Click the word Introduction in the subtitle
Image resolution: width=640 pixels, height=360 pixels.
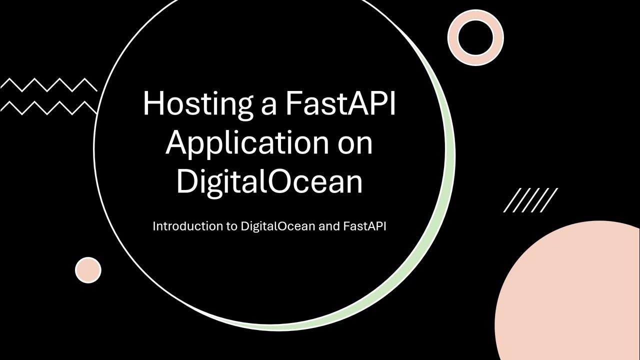(x=181, y=226)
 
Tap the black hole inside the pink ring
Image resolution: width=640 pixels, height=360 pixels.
(x=475, y=37)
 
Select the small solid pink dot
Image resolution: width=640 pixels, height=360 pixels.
(x=88, y=270)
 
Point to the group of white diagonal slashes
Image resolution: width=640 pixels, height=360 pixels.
(x=530, y=200)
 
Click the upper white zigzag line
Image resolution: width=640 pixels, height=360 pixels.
(x=48, y=85)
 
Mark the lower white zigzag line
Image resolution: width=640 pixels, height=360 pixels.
(x=48, y=107)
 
